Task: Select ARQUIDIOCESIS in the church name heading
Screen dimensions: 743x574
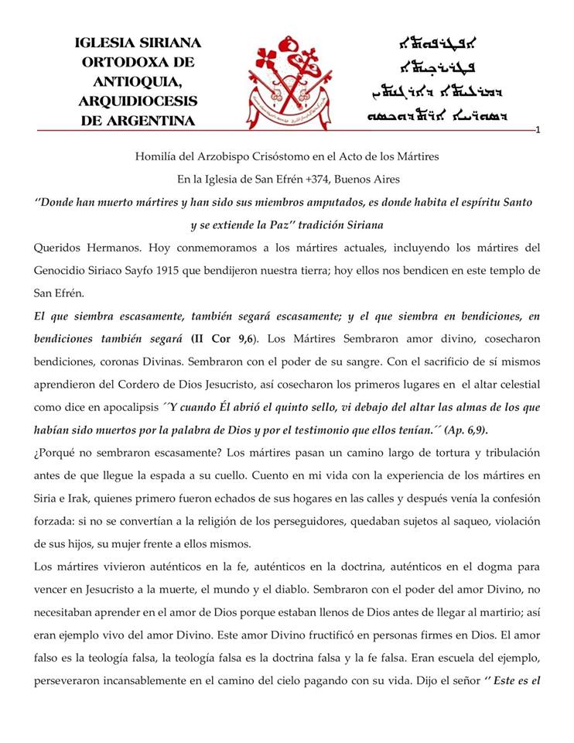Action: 138,101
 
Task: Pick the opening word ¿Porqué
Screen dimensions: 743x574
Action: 58,452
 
